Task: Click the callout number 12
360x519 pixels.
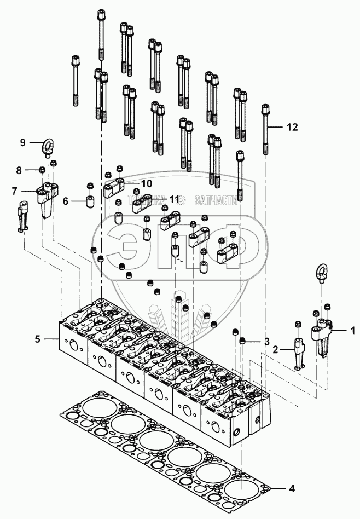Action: click(292, 127)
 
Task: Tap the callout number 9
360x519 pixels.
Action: click(23, 142)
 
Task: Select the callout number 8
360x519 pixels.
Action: click(19, 170)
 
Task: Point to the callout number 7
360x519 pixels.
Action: click(16, 191)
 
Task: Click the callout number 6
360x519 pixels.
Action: click(65, 201)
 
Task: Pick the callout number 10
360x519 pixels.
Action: click(131, 182)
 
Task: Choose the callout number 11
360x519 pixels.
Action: click(174, 200)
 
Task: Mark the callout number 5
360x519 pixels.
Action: click(38, 339)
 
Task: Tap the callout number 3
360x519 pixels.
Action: click(266, 342)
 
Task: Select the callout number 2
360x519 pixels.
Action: click(277, 349)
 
